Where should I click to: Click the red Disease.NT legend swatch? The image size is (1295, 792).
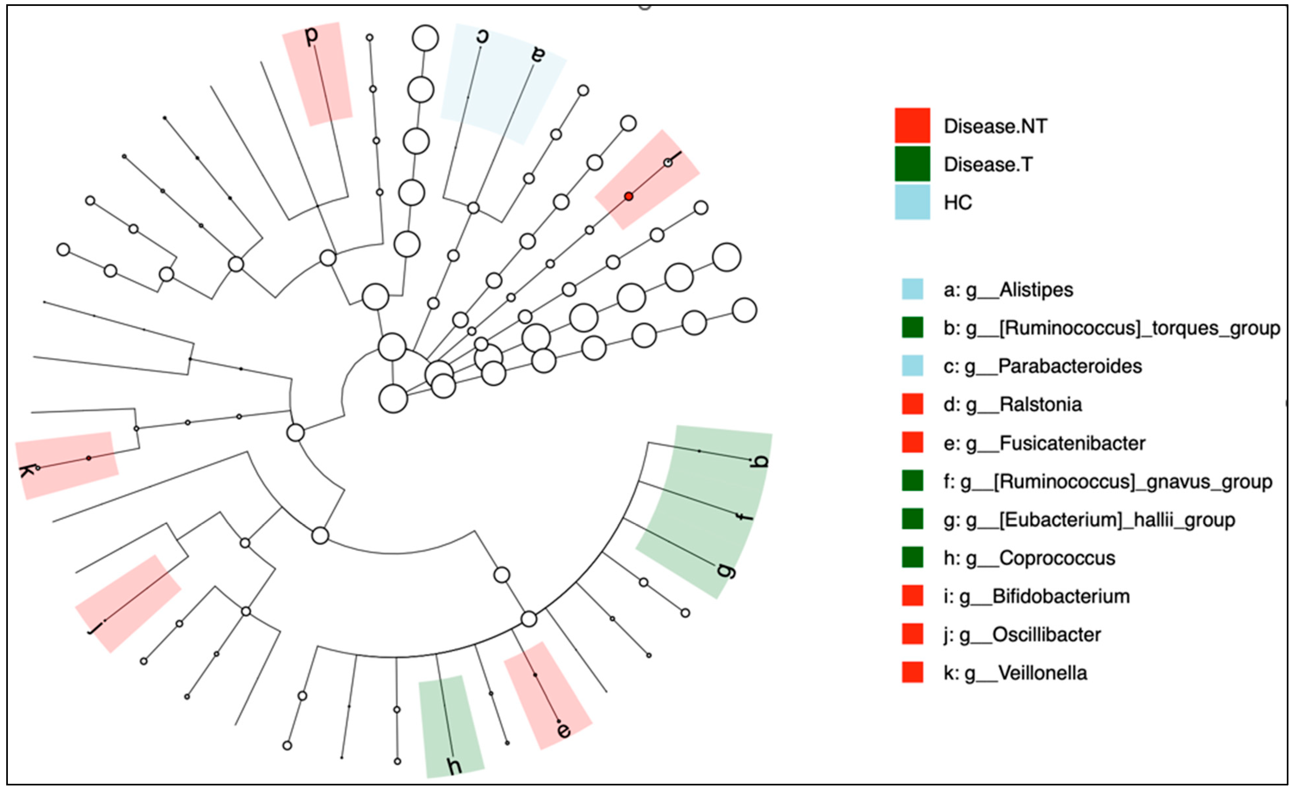[912, 126]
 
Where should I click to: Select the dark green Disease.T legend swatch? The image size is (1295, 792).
[912, 164]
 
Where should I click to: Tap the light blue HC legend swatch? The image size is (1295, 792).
[912, 202]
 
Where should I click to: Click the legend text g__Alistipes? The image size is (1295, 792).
[1035, 290]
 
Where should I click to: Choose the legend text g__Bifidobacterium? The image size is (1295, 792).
[1061, 596]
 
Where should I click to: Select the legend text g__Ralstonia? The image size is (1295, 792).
[1040, 404]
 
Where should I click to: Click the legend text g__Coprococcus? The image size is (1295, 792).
[1056, 558]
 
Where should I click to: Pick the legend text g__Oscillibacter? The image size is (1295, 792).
[1046, 635]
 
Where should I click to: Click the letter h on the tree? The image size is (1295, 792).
[455, 766]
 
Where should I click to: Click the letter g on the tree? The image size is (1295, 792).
[726, 569]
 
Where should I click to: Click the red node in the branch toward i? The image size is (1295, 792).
[629, 197]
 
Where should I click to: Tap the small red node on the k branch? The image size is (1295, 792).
[89, 458]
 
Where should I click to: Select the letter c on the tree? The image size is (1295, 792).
[482, 36]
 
